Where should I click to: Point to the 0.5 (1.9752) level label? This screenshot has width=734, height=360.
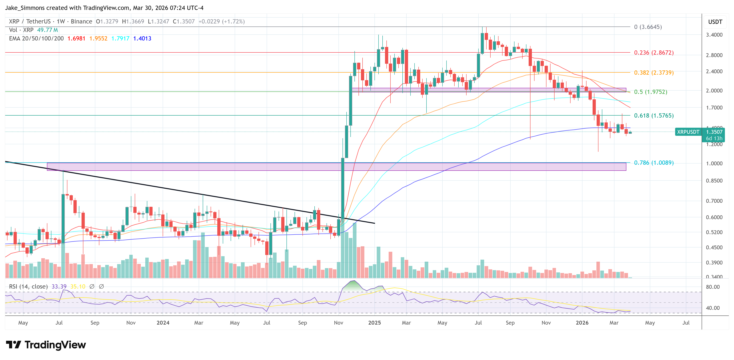coord(650,92)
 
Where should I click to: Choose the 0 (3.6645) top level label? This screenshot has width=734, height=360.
coord(648,27)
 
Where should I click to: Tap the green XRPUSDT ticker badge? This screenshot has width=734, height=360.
coord(688,132)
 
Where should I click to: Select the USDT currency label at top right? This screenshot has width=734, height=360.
coord(715,22)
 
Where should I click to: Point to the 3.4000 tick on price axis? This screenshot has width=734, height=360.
coord(714,35)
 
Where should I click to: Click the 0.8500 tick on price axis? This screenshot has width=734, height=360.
coord(714,181)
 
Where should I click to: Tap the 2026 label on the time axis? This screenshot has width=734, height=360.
coord(582,322)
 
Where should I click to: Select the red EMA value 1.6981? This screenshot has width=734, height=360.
coord(76,38)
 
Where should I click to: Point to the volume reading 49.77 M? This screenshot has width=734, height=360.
coord(47,30)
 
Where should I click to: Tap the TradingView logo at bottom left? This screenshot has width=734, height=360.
coord(46,345)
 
